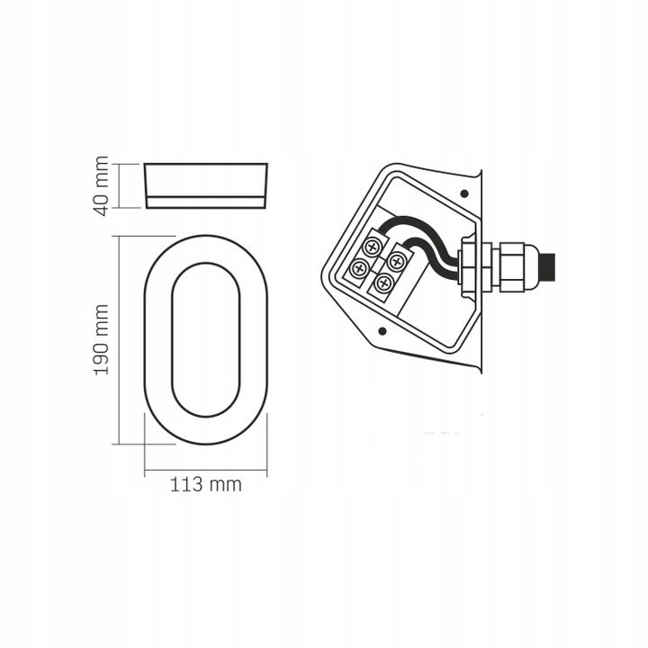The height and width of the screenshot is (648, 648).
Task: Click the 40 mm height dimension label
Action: (x=102, y=186)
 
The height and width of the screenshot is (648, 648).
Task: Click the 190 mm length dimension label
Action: (x=102, y=340)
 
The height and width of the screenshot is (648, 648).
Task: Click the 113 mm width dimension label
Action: (x=206, y=484)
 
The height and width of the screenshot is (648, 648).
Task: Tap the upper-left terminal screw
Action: (x=372, y=248)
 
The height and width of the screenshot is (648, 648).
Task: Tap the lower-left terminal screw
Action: (x=359, y=268)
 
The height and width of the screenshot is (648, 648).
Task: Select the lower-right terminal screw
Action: (x=384, y=283)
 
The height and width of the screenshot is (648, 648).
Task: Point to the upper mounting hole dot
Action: (x=464, y=193)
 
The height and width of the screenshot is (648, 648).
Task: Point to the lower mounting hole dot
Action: (x=382, y=330)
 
